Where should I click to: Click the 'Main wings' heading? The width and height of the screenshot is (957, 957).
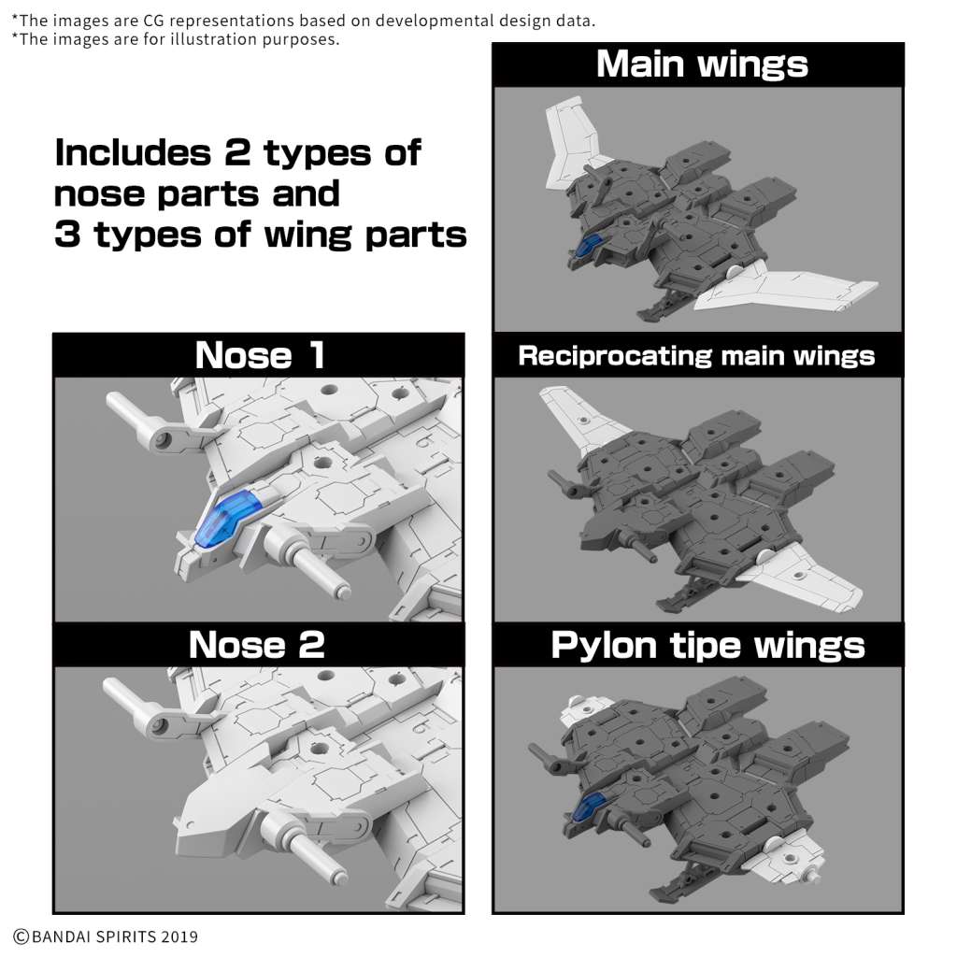pos(701,64)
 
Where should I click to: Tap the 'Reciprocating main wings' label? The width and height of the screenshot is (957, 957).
pos(696,356)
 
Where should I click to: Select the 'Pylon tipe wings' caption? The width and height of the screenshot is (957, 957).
pos(707,645)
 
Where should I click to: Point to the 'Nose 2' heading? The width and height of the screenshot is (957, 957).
pos(256,645)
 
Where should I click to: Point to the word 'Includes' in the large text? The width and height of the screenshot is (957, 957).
pos(136,152)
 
